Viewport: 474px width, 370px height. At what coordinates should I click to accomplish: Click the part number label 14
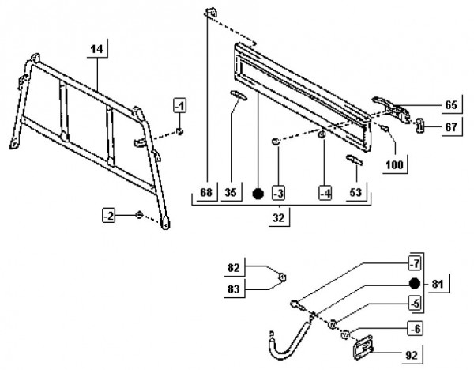pos(96,49)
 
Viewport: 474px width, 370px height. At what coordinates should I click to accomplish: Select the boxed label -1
pos(180,106)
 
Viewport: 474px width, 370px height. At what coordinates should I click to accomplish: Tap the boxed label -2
pos(108,216)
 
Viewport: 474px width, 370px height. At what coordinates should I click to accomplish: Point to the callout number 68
pos(206,192)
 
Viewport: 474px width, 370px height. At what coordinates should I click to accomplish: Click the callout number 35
pos(231,192)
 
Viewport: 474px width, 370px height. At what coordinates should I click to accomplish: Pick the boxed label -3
pos(278,193)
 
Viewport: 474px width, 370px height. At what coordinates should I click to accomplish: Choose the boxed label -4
pos(325,193)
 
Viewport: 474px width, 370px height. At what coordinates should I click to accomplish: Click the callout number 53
pos(355,192)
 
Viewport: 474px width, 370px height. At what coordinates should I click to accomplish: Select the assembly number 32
pos(278,217)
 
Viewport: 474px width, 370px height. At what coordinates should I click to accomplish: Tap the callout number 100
pos(394,165)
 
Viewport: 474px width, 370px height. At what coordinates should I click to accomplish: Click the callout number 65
pos(451,105)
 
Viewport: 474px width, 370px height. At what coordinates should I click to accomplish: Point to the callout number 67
pos(451,127)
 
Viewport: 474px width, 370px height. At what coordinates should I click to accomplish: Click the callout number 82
pos(234,268)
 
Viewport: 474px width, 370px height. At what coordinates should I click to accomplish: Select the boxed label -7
pos(415,263)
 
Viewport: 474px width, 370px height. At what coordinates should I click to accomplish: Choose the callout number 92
pos(412,355)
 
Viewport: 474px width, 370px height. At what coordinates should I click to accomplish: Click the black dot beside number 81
pos(415,284)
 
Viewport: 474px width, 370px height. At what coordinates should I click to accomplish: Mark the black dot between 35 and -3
pos(258,194)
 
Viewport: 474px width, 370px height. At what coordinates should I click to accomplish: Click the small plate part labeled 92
pos(363,348)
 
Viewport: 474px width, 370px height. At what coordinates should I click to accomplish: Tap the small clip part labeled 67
pos(420,125)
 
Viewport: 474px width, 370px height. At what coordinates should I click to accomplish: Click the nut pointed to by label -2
pos(139,215)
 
